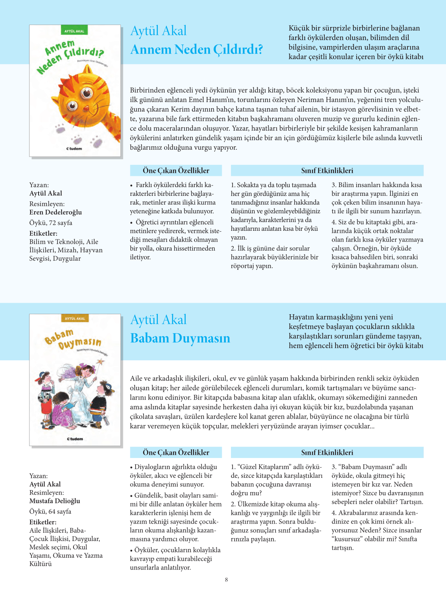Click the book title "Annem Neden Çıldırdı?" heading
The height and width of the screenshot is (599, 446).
pos(196,50)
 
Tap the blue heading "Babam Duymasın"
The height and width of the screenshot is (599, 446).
pos(180,338)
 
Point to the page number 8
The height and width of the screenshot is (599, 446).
pos(227,580)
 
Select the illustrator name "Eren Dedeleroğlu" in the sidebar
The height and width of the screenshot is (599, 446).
pos(56,212)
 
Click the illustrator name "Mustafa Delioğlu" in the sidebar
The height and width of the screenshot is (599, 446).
pos(55,501)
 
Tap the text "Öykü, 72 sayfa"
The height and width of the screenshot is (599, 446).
pos(51,223)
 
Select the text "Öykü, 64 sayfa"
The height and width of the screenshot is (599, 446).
pos(50,512)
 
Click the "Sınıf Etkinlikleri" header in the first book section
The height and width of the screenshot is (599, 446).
pos(327,170)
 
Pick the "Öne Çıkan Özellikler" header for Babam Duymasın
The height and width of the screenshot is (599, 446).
pos(176,452)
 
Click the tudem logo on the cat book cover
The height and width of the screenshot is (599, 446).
pos(74,149)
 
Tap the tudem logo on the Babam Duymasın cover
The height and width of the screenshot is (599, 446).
pos(75,439)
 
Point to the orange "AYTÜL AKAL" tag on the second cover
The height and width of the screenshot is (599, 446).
pos(75,319)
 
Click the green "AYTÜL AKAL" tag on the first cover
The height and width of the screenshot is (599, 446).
pos(74,31)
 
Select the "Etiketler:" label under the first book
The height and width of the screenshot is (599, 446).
pos(43,234)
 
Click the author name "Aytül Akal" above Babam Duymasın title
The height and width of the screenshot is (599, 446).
pos(158,320)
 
